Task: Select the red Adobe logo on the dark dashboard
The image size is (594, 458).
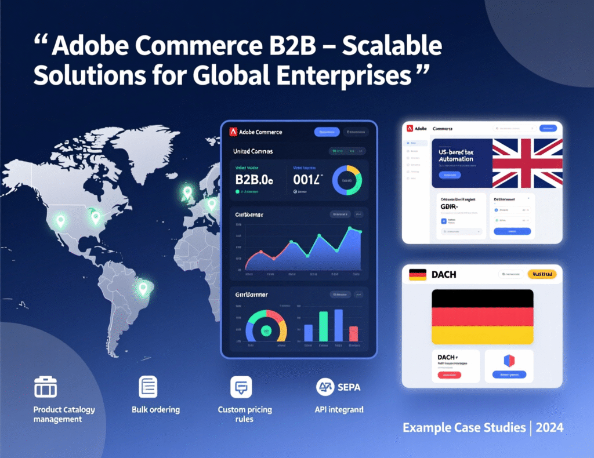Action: [x=233, y=132]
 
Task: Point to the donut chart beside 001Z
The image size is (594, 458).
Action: [x=346, y=180]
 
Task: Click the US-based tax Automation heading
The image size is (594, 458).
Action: [x=456, y=154]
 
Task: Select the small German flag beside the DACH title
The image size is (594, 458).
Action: [x=418, y=274]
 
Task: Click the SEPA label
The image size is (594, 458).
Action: [x=348, y=387]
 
